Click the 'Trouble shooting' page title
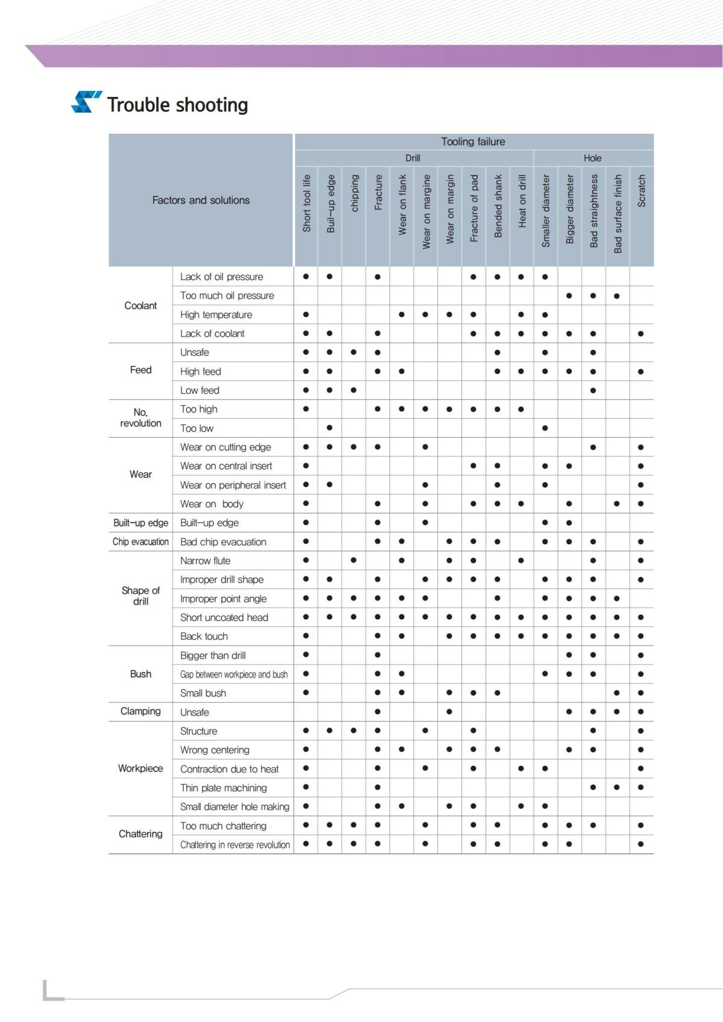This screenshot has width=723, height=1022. pos(177,105)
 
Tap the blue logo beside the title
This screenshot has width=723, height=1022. pos(86,102)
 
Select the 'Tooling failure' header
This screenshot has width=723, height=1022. pos(473,142)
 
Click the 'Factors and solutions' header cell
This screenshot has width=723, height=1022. pos(201,200)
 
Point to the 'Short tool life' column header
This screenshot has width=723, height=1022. pos(306,204)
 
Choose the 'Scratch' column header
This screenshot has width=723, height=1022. pos(641,191)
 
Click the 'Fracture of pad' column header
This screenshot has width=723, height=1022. pos(474,208)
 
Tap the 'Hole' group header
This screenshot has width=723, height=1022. pos(592,158)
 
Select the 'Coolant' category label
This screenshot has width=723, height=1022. pos(140,305)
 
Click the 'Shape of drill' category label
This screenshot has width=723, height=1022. pos(140,596)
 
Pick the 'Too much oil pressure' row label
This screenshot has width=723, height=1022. pos(227,296)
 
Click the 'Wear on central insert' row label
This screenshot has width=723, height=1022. pos(226,466)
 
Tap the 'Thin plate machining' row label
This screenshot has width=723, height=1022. pos(223,788)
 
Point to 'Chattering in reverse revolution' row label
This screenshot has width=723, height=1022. pos(235,845)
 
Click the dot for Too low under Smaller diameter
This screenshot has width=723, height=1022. pos(545,428)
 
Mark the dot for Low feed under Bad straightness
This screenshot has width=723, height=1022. pos(593,390)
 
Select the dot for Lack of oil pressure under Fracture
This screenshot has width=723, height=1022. pos(377,277)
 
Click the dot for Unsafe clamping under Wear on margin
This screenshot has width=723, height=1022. pos(449,712)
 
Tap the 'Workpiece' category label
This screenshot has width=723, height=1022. pos(140,768)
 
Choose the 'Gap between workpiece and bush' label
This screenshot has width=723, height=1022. pos(234,675)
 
